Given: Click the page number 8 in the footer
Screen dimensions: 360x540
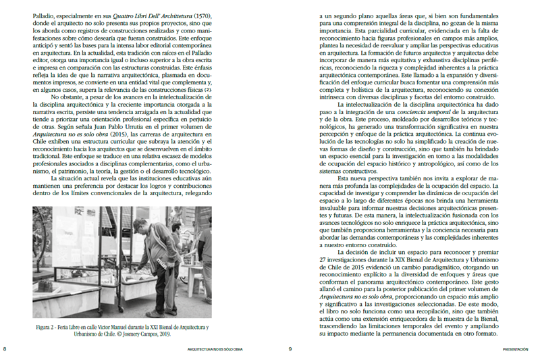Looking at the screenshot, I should click(x=5, y=349).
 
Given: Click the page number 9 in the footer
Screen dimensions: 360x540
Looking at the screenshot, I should click(x=290, y=349).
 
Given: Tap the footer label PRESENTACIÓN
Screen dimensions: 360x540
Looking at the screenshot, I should click(x=520, y=350).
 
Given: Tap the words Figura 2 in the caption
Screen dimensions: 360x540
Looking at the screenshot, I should click(x=47, y=328).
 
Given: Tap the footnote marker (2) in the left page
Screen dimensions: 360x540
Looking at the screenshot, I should click(x=209, y=90).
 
